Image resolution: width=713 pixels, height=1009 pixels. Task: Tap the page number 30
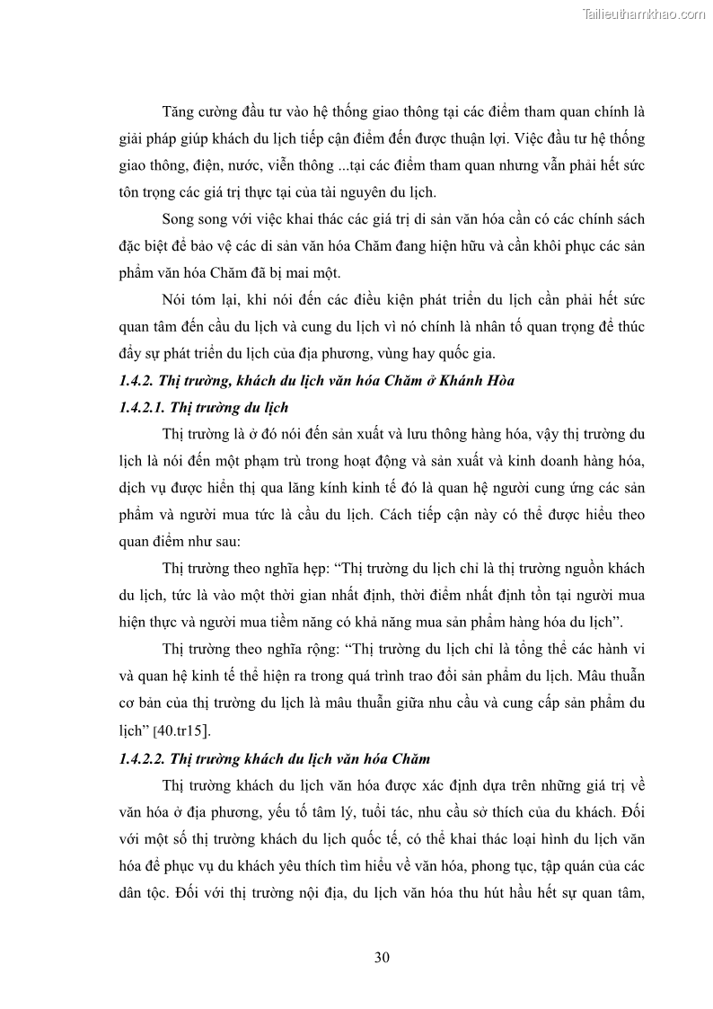coord(382,957)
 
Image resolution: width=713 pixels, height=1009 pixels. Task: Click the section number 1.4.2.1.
coord(140,407)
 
